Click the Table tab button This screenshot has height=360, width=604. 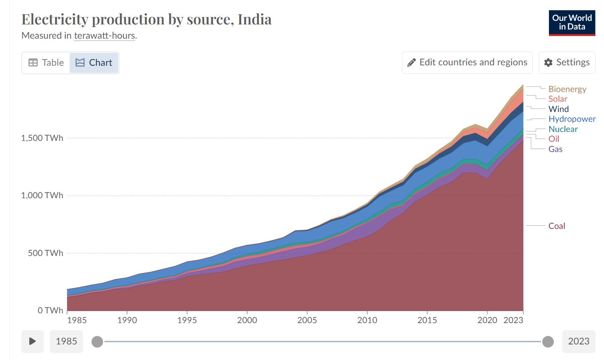[46, 63]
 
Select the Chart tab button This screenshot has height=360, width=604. [94, 63]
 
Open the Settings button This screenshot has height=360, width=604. [567, 63]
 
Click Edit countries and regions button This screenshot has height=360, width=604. [467, 63]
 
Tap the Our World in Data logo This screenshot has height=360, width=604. [572, 23]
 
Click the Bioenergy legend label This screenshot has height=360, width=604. [567, 89]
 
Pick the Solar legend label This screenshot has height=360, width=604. [557, 99]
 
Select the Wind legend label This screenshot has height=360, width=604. [558, 109]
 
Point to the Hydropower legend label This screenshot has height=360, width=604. [572, 119]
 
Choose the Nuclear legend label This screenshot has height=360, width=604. [563, 129]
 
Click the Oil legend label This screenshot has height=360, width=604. [554, 139]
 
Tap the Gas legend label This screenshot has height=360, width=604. [555, 149]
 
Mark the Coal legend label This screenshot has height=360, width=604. [556, 226]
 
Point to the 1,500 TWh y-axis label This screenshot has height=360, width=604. [42, 138]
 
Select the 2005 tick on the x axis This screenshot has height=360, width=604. [307, 320]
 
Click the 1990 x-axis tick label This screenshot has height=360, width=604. [127, 320]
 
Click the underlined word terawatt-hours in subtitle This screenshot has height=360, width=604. [104, 36]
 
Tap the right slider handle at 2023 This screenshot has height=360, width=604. [548, 341]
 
